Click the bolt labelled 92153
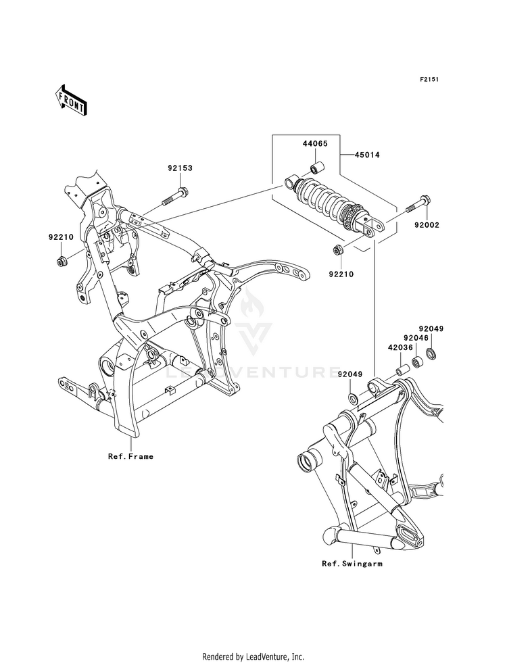(174, 198)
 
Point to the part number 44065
(315, 143)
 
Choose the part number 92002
(427, 225)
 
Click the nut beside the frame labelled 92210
(62, 262)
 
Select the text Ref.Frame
(130, 456)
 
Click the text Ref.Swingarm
(352, 563)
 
